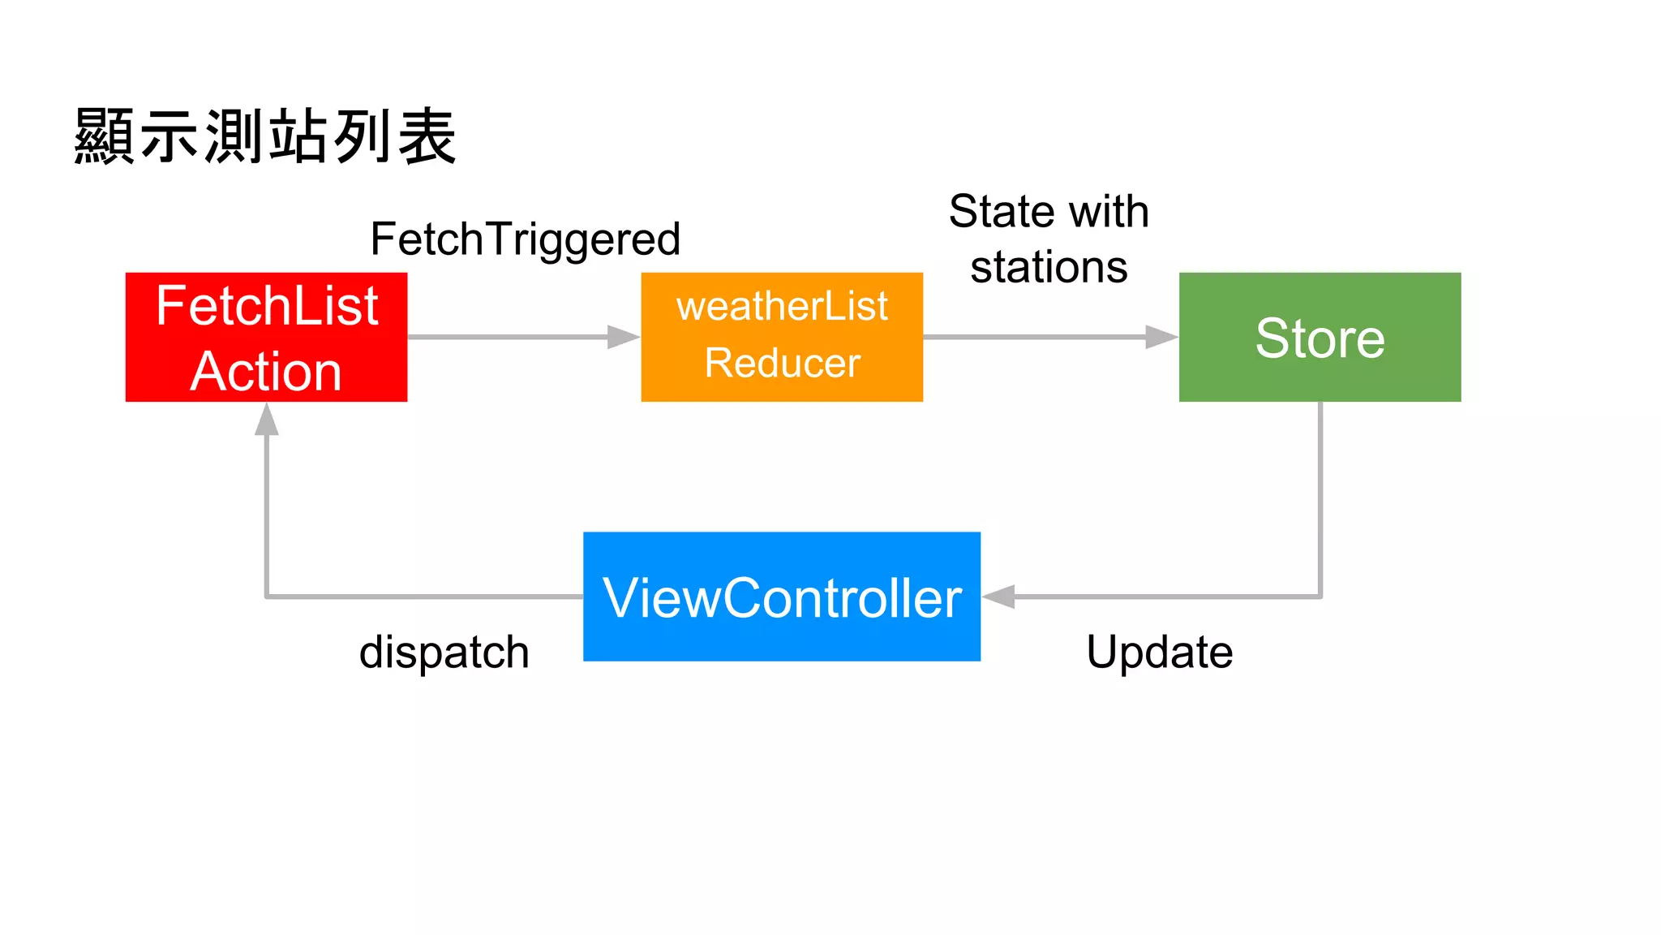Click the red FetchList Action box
click(x=266, y=337)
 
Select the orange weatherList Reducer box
click(x=782, y=337)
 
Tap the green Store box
click(x=1320, y=337)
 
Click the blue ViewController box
click(x=782, y=597)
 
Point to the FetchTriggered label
click(x=525, y=239)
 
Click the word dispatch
click(x=444, y=652)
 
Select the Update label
click(x=1159, y=652)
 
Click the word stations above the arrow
click(x=1049, y=267)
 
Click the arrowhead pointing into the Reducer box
click(x=623, y=337)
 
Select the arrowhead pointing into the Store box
click(x=1161, y=337)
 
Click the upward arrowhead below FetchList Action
click(x=267, y=420)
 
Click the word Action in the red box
click(x=266, y=372)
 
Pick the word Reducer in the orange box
click(x=782, y=363)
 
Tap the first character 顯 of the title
click(x=103, y=136)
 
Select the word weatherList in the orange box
click(x=782, y=307)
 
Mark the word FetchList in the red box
click(x=266, y=306)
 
